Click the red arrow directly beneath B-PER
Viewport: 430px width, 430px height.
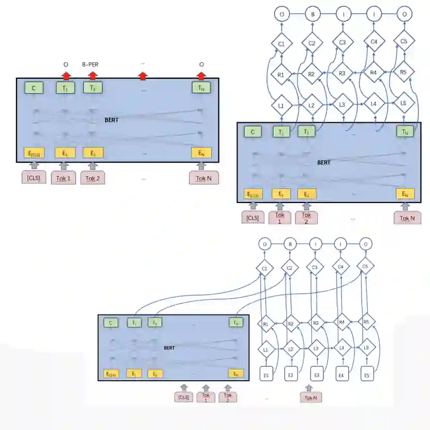(x=93, y=76)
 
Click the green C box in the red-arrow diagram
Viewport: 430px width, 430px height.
(x=34, y=88)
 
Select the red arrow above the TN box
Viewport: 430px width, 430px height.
(x=201, y=76)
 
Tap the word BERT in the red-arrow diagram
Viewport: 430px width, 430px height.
(x=112, y=120)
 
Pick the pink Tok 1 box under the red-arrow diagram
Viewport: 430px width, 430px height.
(x=64, y=179)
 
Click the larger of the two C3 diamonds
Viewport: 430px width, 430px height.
(x=342, y=42)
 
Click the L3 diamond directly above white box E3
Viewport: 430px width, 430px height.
(x=316, y=348)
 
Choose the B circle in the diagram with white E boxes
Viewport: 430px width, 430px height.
(x=290, y=243)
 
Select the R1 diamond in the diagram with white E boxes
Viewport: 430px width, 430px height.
(x=265, y=324)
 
